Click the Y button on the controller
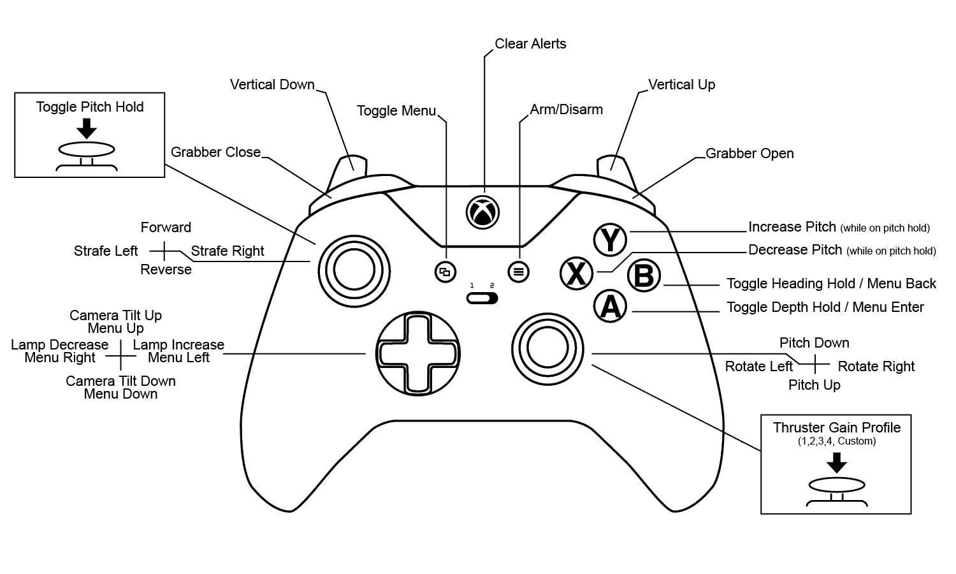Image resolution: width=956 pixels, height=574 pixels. coord(610,240)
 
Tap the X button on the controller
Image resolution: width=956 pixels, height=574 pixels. coord(576,274)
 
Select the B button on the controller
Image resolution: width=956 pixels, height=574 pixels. coord(644,276)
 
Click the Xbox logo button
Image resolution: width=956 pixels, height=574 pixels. coord(483,212)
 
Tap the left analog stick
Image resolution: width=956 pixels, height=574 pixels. coord(354,271)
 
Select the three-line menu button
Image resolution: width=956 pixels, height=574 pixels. coord(518,272)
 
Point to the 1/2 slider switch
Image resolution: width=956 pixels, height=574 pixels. coord(482,298)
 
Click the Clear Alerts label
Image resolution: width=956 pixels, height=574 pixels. coord(530,44)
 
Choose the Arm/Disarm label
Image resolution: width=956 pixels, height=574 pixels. coord(566,110)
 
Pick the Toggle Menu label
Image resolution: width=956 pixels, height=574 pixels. coord(396,111)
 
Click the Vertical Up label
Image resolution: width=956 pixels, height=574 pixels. coord(681,85)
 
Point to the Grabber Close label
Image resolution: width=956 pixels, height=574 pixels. coord(215,152)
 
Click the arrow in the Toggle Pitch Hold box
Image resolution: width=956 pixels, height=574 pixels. coord(86,129)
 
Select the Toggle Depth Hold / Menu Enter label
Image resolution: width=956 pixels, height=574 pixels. coord(825,307)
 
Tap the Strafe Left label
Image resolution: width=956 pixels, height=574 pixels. coord(106,251)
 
